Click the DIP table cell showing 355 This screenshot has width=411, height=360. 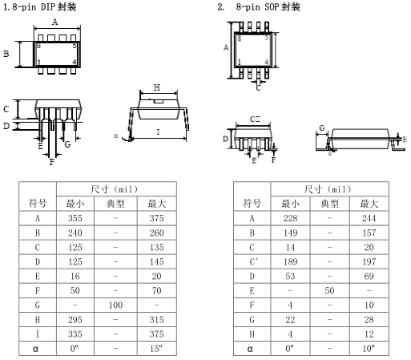[x=75, y=218]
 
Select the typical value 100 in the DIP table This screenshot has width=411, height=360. [x=115, y=305]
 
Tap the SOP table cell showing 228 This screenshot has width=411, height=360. [x=290, y=218]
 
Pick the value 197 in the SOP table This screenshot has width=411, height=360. [x=369, y=261]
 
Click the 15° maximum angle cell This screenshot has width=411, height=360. [x=156, y=349]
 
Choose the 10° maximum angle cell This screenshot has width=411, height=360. [x=369, y=349]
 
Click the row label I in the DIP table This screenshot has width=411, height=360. [x=38, y=334]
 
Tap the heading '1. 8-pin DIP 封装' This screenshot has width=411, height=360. [x=40, y=6]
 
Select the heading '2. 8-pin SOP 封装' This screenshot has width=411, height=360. [x=259, y=6]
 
